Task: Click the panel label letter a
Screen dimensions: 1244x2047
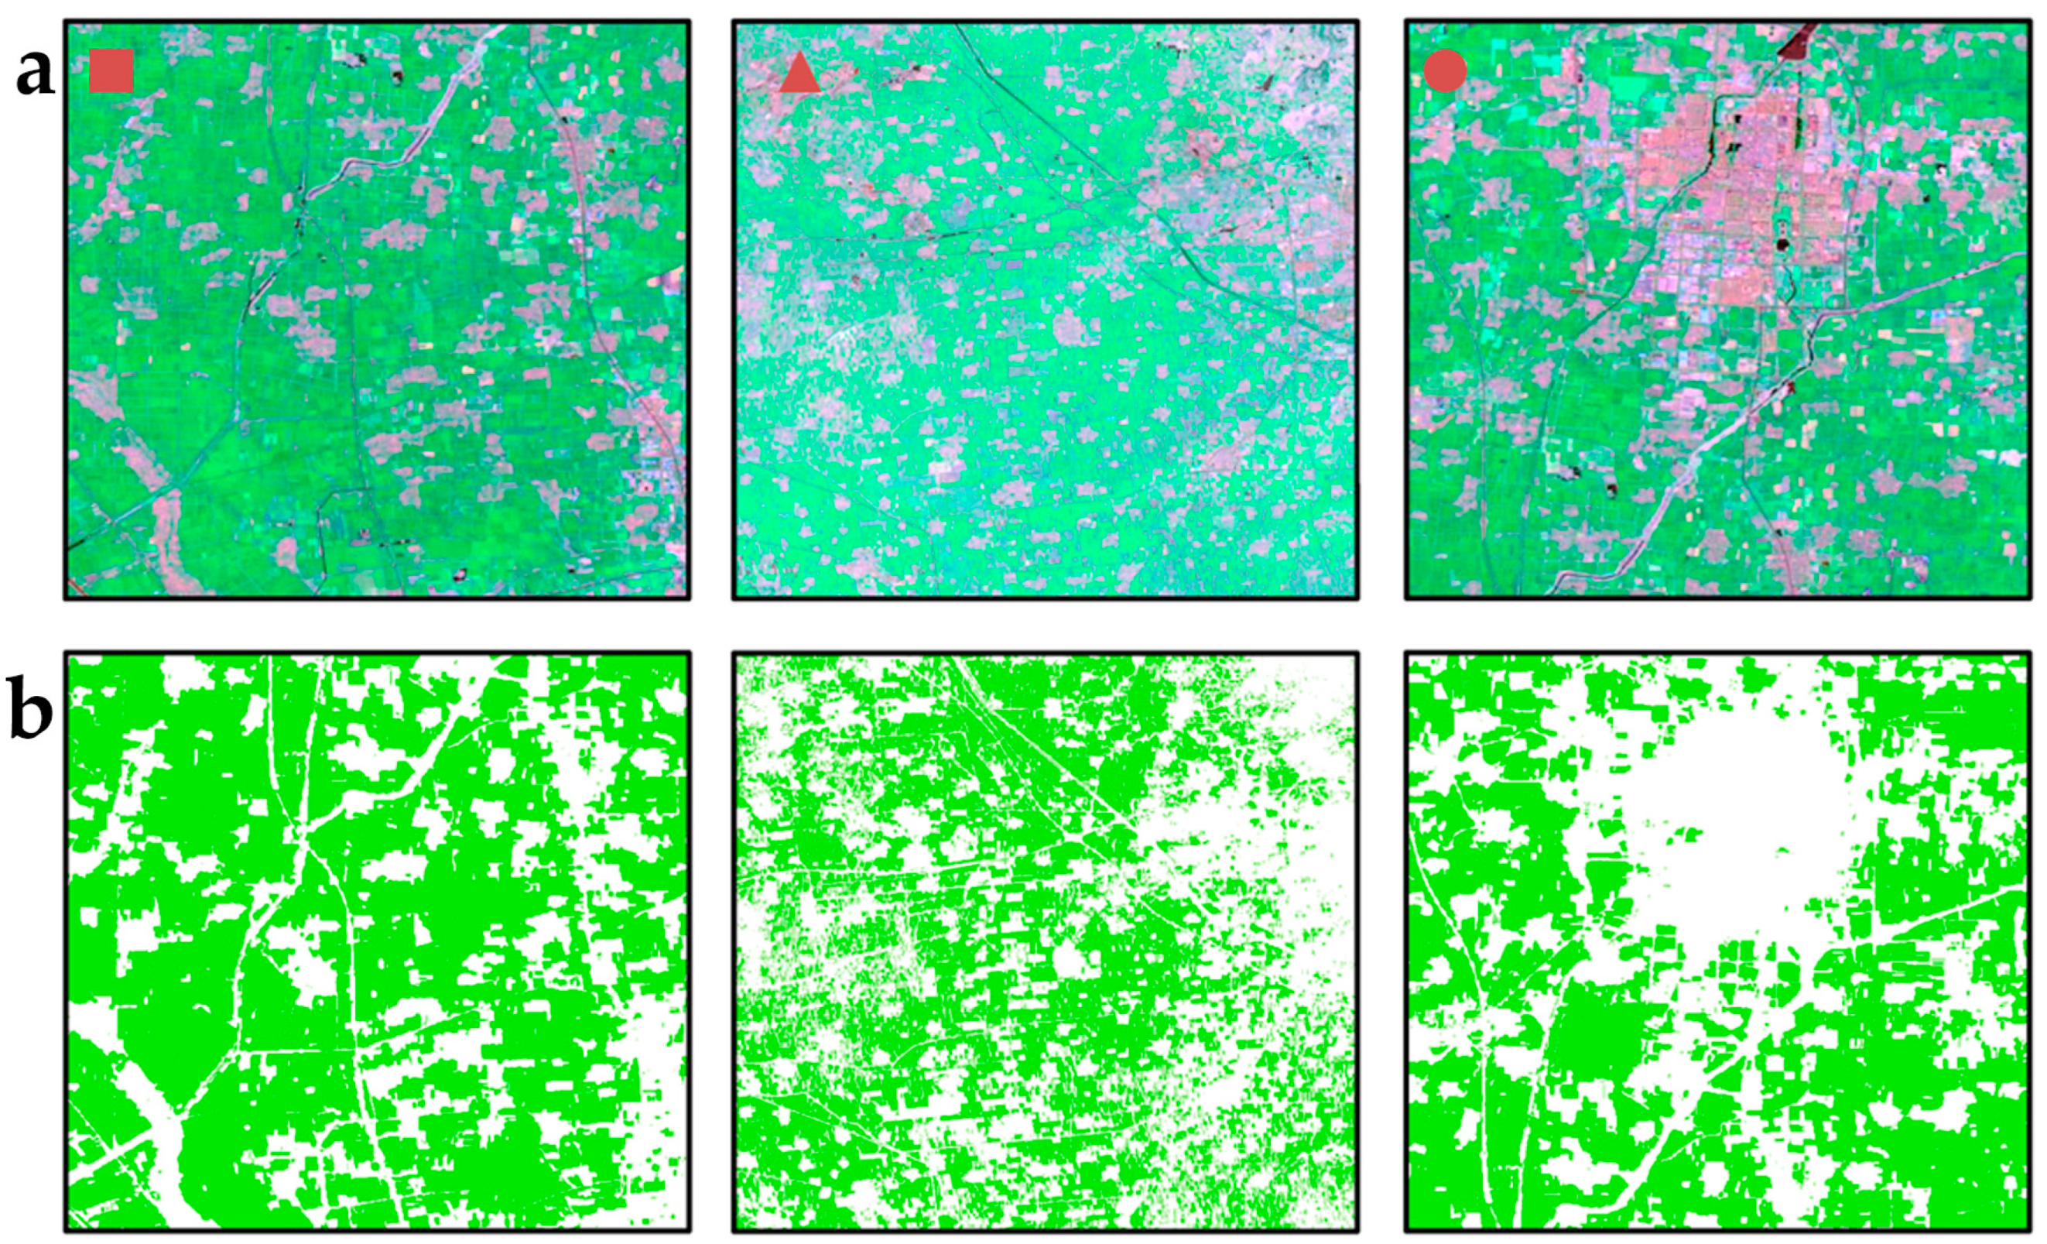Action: pyautogui.click(x=35, y=73)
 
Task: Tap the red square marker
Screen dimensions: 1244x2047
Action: pyautogui.click(x=111, y=70)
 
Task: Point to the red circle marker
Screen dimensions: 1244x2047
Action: pyautogui.click(x=1445, y=70)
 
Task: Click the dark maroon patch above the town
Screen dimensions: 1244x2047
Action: pyautogui.click(x=1797, y=42)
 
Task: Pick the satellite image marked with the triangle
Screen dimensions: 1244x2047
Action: pyautogui.click(x=1045, y=309)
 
